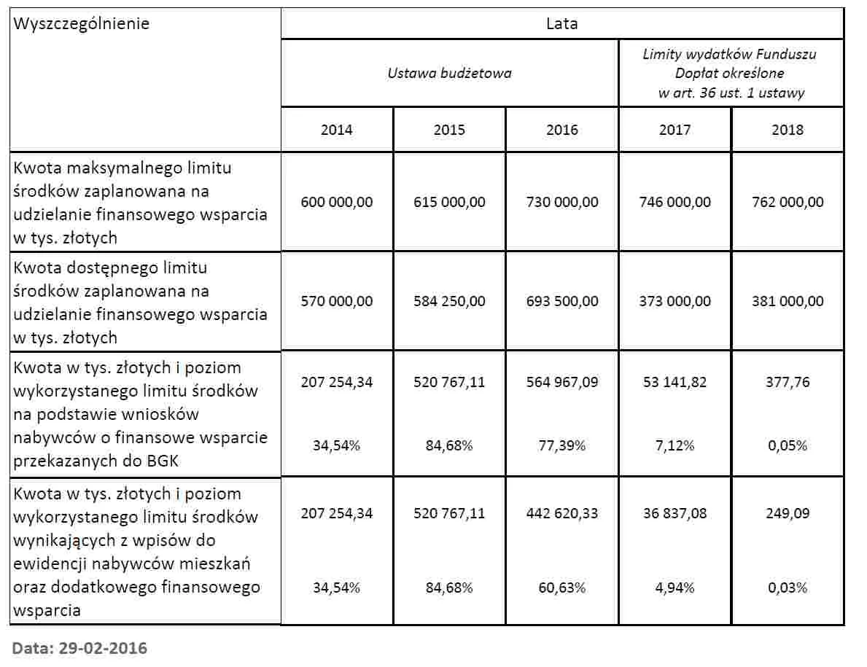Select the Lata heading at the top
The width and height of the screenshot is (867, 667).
pos(561,23)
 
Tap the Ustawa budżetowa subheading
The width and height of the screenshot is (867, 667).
pos(449,73)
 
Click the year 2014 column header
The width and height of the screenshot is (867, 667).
pos(336,130)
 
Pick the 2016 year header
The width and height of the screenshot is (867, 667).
pos(561,130)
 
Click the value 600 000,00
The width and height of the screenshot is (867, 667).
pos(336,202)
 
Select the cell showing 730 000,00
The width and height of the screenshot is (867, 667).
pos(561,202)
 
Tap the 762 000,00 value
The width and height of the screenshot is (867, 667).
pos(788,202)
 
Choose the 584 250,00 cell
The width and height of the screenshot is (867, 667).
pos(449,301)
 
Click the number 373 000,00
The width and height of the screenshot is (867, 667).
pos(674,301)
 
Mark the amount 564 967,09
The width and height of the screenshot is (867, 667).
pos(561,382)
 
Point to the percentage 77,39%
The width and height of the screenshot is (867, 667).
pos(561,445)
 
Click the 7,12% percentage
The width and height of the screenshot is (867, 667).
pos(674,445)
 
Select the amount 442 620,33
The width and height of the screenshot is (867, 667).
pos(561,513)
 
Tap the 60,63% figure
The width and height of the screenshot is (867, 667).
pos(561,588)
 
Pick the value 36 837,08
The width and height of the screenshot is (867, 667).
pos(674,513)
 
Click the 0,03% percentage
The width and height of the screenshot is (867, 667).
pos(788,588)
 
